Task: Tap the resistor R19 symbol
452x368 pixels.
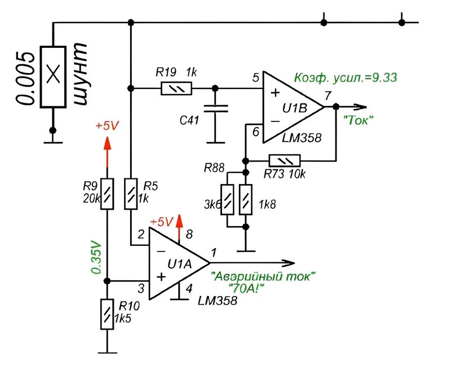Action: (176, 88)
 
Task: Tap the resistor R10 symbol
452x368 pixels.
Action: (108, 315)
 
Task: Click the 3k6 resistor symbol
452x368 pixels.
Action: (227, 199)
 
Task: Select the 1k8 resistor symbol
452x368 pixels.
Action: (245, 199)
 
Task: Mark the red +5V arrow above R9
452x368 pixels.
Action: (108, 146)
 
